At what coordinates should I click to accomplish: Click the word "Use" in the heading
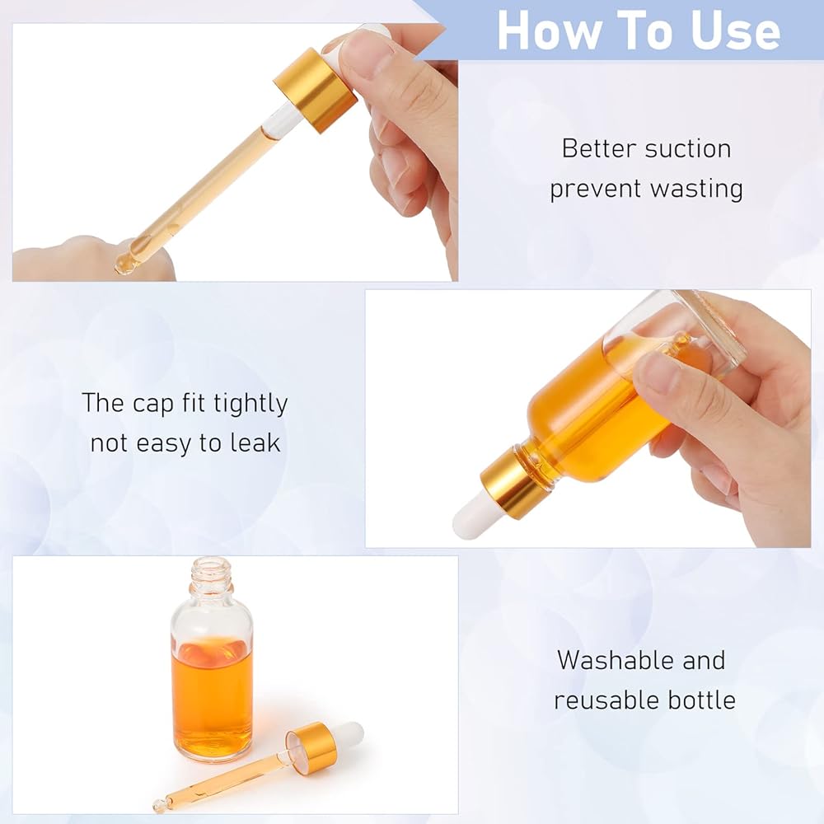point(736,31)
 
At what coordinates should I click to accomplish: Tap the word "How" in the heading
point(549,30)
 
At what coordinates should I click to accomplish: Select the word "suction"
point(688,148)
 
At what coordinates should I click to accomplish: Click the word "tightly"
point(250,404)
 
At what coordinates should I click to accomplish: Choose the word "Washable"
point(614,660)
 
